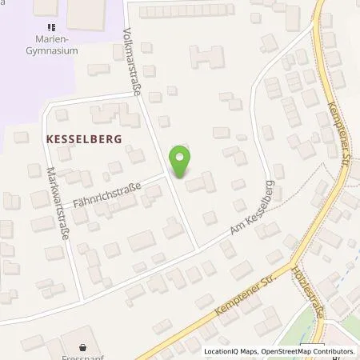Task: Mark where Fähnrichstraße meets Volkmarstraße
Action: click(x=166, y=173)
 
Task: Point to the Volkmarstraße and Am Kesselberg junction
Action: click(x=197, y=248)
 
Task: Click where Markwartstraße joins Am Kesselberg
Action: click(x=82, y=299)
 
